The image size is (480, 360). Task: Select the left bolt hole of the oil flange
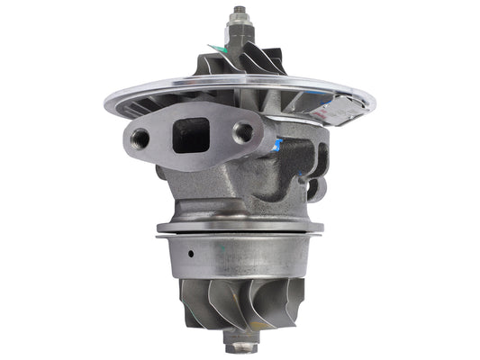point(140,139)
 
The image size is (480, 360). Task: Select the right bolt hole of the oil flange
point(242,132)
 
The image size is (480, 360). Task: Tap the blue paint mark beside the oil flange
point(280,141)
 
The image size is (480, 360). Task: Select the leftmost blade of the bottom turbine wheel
point(186,302)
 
